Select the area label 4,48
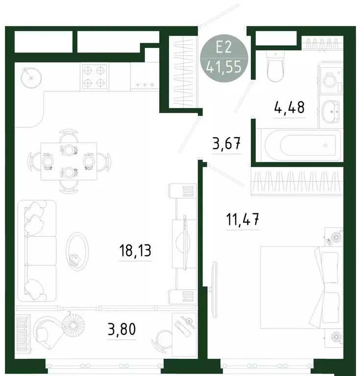tap(290, 107)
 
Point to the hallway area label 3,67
tap(226, 145)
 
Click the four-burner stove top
tap(94, 76)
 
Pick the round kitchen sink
tap(31, 76)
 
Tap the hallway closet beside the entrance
tap(185, 72)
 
